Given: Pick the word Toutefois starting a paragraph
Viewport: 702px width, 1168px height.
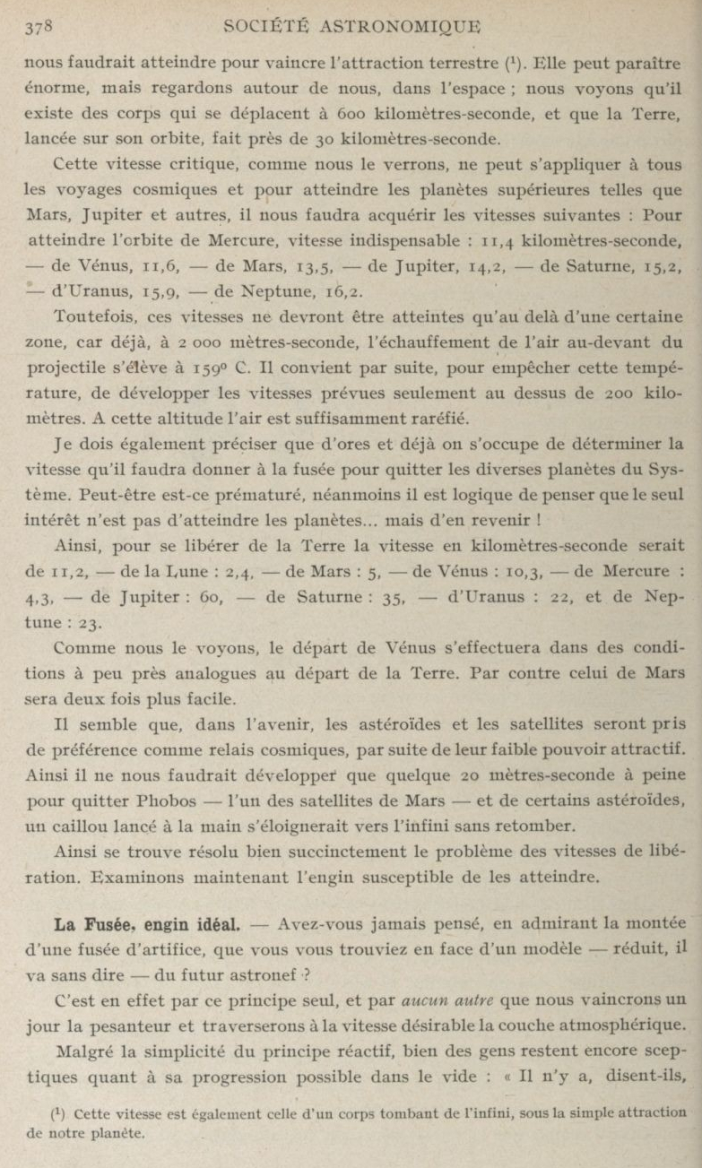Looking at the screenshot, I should click(x=91, y=317).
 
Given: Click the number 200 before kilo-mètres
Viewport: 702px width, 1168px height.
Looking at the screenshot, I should click(x=605, y=393).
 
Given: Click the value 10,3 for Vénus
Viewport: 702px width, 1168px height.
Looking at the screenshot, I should click(x=498, y=570).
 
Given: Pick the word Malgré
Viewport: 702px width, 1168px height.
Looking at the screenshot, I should click(x=82, y=1025).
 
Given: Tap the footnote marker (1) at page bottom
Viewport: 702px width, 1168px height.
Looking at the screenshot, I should click(x=58, y=1112).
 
